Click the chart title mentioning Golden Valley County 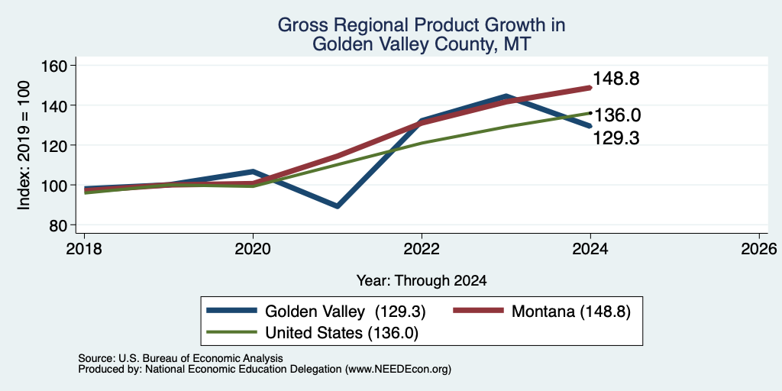421,34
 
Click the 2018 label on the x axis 85,249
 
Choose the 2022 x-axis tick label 422,249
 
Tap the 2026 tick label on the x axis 759,249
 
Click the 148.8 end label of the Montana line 616,79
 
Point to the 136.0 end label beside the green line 617,116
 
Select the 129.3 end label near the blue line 616,138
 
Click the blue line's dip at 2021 338,206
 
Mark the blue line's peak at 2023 506,96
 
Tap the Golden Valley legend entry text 345,312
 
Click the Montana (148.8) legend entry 571,312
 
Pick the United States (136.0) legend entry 341,333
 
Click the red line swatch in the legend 479,311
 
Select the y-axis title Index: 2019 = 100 24,146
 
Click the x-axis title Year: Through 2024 422,281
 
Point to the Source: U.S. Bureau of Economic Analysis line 180,358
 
